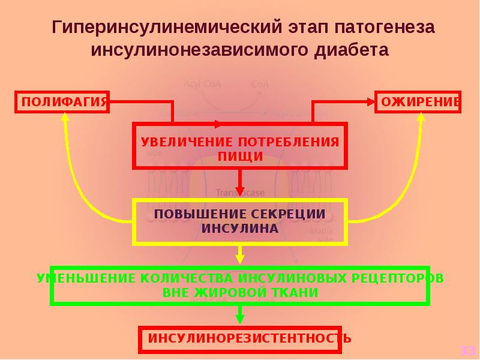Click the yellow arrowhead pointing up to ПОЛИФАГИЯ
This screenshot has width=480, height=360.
(x=64, y=118)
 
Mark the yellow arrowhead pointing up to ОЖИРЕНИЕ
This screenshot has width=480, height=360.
(x=421, y=118)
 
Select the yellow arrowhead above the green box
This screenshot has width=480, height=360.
(x=240, y=259)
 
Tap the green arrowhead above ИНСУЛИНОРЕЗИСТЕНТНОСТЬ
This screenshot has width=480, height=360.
(x=240, y=319)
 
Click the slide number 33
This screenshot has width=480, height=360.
(x=467, y=350)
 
